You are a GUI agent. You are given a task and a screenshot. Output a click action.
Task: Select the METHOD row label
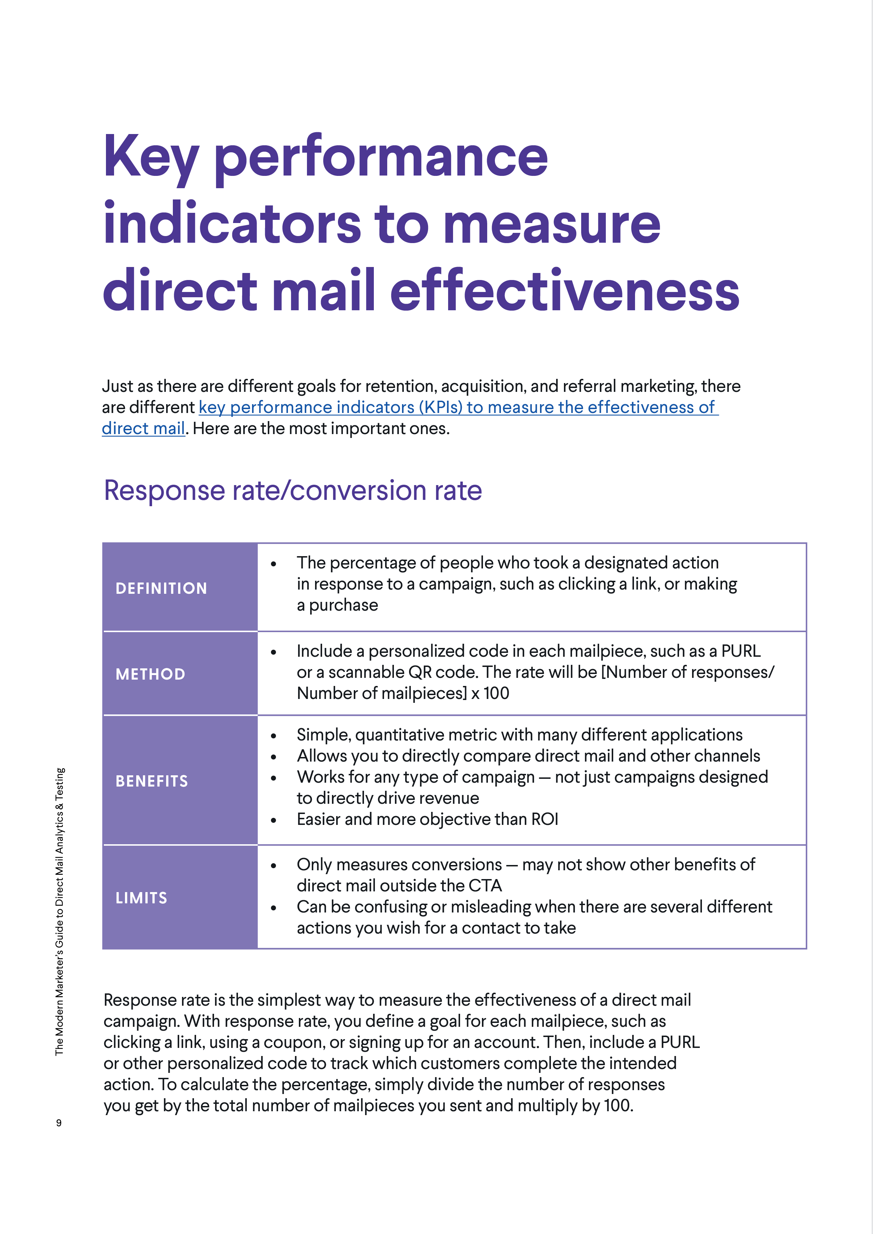click(151, 674)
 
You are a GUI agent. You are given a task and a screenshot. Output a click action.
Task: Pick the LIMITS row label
click(142, 898)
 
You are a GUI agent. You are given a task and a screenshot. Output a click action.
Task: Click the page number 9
click(59, 1123)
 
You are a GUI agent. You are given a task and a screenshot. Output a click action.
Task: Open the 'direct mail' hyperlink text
click(143, 428)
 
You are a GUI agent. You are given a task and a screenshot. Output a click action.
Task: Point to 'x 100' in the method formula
click(490, 693)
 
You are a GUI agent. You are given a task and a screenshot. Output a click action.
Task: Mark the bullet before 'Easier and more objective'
click(274, 820)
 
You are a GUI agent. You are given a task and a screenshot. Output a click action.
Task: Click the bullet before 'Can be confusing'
click(274, 908)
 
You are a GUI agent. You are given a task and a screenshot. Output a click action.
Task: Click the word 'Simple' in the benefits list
click(323, 735)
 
